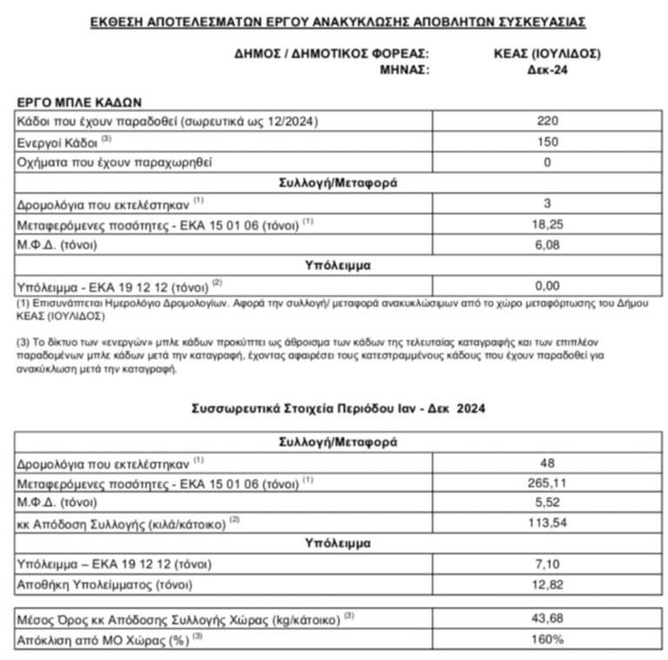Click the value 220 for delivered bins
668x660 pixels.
click(548, 121)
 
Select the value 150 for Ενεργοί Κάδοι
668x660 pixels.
click(548, 141)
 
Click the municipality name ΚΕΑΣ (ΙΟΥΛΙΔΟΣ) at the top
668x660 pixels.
click(547, 54)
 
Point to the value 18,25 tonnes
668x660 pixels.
click(548, 224)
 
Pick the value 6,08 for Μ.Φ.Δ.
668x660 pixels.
click(548, 244)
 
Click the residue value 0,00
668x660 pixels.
click(548, 285)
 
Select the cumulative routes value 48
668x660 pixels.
click(548, 463)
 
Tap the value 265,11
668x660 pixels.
click(548, 483)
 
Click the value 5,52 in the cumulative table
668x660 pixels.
click(548, 503)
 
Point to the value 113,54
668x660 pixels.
click(548, 523)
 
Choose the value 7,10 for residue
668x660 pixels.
click(548, 564)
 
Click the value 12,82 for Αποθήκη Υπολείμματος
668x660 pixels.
click(548, 584)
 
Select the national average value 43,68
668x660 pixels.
click(548, 619)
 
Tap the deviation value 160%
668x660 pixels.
click(548, 639)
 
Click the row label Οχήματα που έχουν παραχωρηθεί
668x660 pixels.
click(114, 162)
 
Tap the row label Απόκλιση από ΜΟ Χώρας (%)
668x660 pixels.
click(104, 639)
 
